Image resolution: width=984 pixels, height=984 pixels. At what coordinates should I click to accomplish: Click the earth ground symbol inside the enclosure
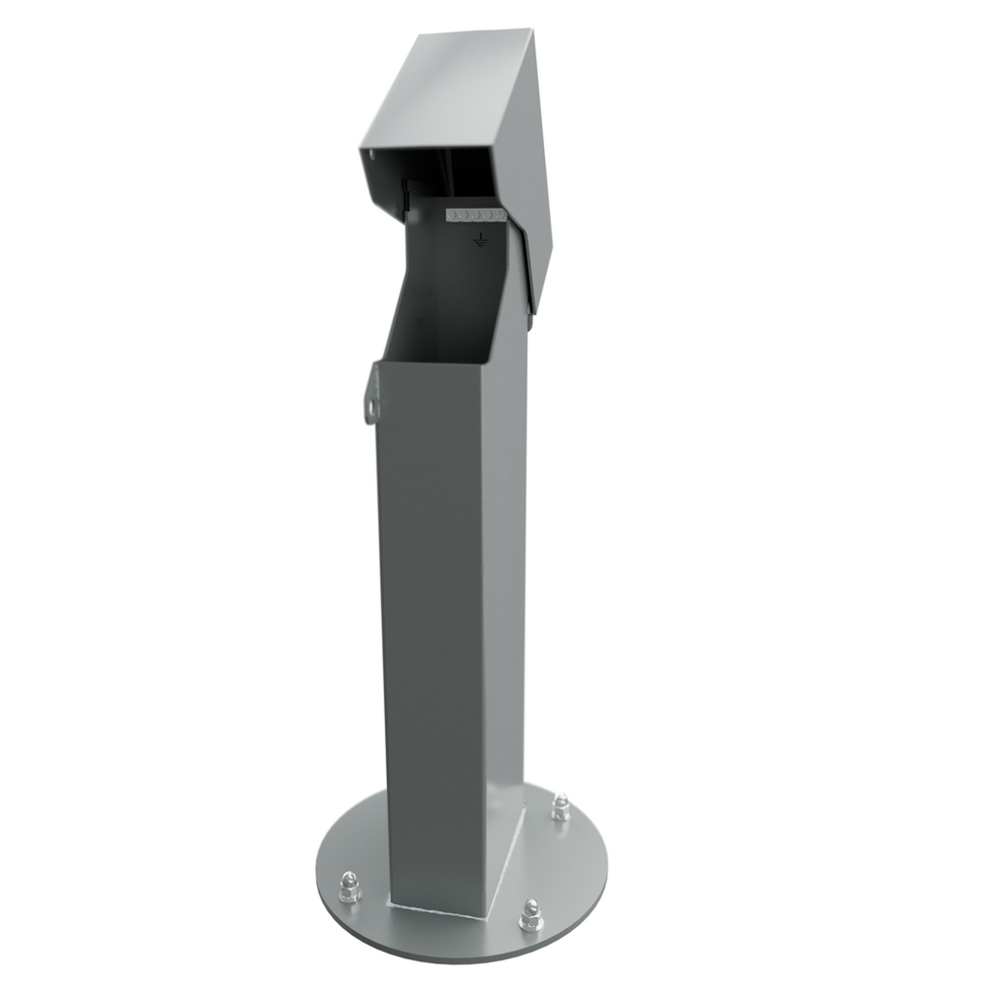pos(479,239)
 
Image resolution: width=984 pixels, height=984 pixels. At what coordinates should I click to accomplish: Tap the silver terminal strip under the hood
pos(475,214)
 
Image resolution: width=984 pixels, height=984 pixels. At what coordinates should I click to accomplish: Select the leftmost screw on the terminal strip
pos(452,214)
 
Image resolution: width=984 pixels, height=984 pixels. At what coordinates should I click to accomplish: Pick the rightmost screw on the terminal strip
pos(498,214)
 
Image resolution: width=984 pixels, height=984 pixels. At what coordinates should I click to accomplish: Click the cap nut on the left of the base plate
pos(348,887)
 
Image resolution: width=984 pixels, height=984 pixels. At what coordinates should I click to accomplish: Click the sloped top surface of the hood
pos(453,89)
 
